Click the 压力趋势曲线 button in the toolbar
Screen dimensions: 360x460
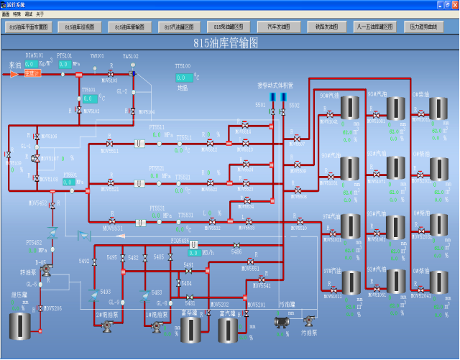423,27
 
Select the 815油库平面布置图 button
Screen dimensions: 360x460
28,27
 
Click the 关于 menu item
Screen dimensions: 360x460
40,14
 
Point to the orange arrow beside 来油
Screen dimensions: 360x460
14,73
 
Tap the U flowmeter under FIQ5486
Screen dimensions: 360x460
193,245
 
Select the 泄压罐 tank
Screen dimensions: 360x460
20,326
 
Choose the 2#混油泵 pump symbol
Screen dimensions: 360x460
107,326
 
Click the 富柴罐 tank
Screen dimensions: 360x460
190,328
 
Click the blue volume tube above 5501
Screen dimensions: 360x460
272,97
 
